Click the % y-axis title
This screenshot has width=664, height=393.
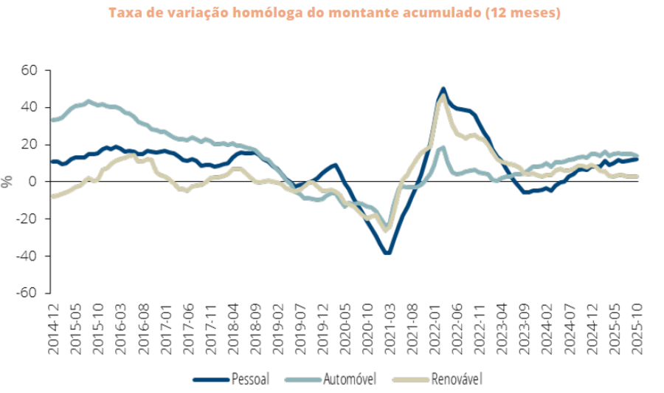[8, 182]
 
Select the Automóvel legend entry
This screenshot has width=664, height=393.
[350, 379]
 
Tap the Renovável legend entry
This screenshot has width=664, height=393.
[456, 379]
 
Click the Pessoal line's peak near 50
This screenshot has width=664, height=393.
[443, 89]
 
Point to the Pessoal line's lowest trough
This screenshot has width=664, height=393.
[387, 253]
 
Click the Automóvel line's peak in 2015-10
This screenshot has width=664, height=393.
[89, 101]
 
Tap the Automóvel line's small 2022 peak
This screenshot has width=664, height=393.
[442, 148]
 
